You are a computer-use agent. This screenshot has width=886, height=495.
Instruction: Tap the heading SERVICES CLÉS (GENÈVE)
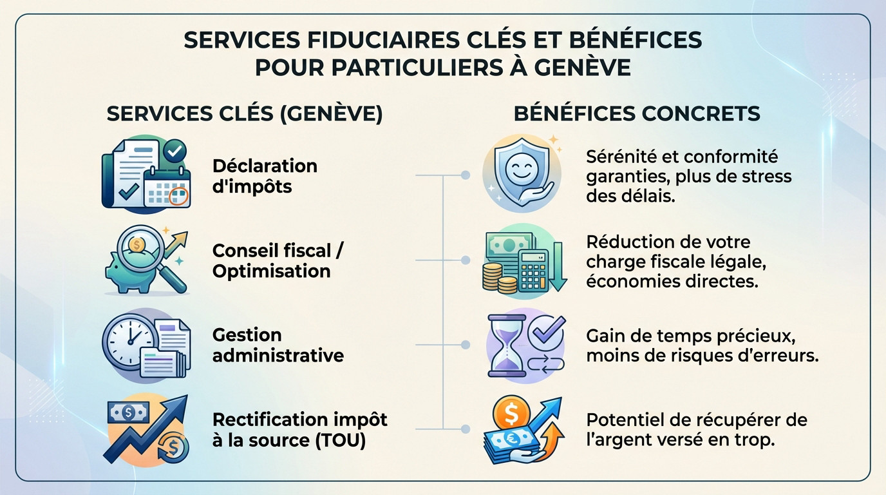[244, 114]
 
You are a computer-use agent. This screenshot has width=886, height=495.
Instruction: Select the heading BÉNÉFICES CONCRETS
[637, 114]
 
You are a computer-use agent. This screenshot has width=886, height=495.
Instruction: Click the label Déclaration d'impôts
[265, 176]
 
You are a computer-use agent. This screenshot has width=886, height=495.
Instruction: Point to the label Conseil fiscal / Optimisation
[278, 260]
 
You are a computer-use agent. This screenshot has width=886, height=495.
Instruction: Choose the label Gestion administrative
[278, 345]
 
